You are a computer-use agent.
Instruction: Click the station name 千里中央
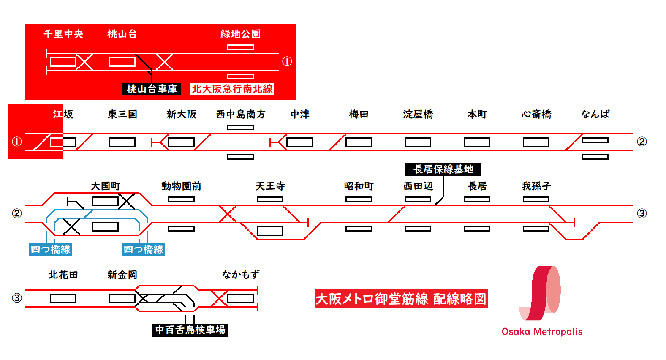63,34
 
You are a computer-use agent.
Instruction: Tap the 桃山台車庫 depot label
152,89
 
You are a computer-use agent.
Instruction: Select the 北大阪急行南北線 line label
232,89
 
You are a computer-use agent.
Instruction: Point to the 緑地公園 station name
240,34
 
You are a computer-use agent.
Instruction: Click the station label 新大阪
181,115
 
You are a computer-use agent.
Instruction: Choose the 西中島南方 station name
240,115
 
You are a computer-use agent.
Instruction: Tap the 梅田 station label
359,115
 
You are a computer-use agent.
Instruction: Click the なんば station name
595,114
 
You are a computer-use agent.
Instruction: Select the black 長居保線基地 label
443,169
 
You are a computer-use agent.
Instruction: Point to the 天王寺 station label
270,186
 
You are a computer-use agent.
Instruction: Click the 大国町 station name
106,186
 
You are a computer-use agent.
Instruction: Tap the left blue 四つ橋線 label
50,250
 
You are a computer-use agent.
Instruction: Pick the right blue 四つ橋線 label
143,250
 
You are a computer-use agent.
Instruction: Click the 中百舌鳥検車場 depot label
190,330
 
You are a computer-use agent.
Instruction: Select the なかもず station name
241,275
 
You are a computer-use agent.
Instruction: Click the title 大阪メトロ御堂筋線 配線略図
401,299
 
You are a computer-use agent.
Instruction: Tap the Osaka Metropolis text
542,332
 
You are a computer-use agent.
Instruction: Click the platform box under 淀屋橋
418,142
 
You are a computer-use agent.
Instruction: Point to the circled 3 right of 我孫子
642,213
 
